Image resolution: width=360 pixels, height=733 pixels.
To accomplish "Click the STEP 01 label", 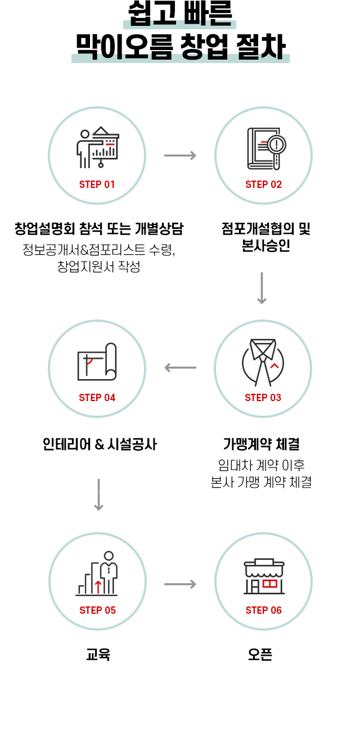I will click(97, 185).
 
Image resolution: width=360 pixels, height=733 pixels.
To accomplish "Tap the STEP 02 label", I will click(263, 185).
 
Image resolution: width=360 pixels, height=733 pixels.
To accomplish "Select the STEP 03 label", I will click(263, 398).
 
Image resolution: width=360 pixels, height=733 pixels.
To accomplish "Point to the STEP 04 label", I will click(97, 398).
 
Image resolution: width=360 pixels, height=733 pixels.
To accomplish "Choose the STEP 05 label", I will click(97, 610).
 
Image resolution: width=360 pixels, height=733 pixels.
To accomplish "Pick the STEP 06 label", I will click(263, 610).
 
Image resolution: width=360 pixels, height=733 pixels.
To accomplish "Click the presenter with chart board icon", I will click(98, 147).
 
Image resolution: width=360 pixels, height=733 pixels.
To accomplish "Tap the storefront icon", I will click(264, 576).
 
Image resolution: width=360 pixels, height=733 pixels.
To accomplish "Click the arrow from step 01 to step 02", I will click(180, 155).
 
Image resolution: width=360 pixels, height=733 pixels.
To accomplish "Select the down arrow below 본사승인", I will click(262, 288).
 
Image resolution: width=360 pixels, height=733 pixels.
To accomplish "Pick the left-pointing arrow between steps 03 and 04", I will click(180, 368).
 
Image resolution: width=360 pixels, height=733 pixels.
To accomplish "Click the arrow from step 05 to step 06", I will click(180, 584).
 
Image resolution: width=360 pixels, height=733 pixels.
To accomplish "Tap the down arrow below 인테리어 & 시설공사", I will click(98, 494).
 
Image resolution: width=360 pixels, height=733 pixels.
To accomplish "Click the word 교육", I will click(98, 655).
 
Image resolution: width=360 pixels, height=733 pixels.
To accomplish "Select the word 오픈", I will click(260, 655).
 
